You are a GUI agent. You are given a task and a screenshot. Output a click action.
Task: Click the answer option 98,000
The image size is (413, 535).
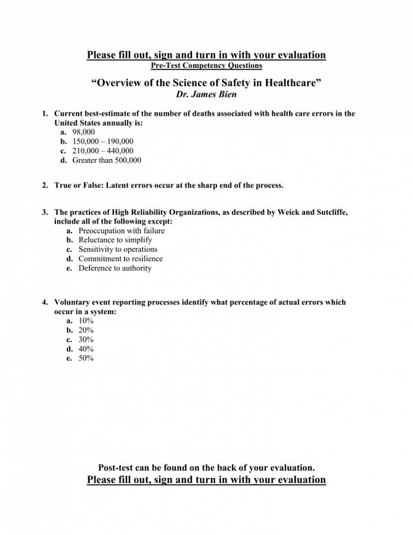pos(83,132)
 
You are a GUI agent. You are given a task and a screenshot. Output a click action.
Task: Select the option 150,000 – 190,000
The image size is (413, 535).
pos(103,141)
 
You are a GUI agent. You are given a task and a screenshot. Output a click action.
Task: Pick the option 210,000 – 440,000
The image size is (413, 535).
pos(103,151)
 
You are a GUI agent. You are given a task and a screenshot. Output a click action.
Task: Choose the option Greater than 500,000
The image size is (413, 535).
pos(107,160)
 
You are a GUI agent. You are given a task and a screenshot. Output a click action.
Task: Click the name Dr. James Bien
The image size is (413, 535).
pos(206,94)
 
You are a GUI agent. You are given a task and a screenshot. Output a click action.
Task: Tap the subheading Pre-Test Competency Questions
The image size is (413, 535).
pos(206,66)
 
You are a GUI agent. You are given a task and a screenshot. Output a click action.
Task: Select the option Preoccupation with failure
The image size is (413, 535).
pos(122,231)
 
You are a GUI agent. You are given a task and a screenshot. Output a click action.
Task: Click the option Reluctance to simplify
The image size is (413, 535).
pos(115,240)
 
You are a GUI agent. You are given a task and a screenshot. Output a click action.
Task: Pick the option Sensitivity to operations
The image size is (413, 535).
pos(118,250)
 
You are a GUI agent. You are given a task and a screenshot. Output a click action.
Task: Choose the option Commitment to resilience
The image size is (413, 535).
pos(120,259)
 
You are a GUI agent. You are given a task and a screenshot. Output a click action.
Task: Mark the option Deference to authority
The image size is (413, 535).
pos(115,268)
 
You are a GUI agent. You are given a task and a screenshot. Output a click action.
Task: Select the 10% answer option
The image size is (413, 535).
pos(86,321)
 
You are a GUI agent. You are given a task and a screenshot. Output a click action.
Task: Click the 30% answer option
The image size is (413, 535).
pos(86,340)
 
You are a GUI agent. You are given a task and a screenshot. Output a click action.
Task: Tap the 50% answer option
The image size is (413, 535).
pos(86,359)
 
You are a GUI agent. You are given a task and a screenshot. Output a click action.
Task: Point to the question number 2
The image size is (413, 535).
pos(45,185)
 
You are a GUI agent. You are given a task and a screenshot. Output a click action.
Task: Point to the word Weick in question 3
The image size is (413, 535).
pos(289,212)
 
